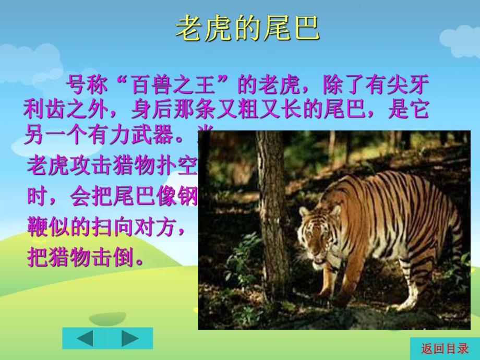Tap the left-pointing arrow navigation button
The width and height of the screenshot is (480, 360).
[85, 338]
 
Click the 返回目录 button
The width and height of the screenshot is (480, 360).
[445, 349]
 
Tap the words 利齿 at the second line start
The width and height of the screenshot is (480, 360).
[46, 110]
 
